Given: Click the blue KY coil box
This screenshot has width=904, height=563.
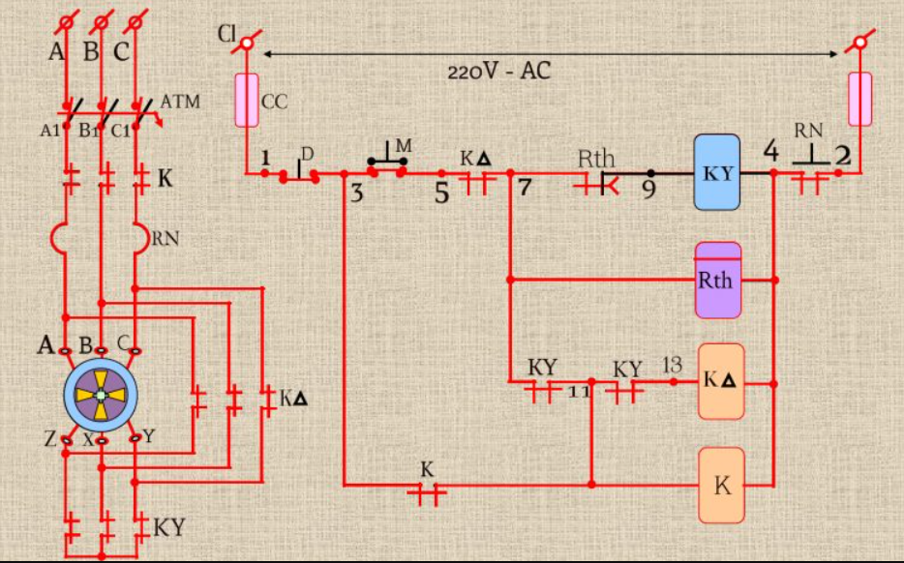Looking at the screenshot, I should tap(717, 173).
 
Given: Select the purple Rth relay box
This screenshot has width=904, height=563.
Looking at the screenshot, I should tap(717, 281).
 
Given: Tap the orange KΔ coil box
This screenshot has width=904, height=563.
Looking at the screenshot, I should tap(721, 381).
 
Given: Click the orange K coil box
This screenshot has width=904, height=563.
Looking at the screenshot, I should tap(721, 485).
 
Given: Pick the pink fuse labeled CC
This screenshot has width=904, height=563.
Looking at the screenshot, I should tap(247, 100).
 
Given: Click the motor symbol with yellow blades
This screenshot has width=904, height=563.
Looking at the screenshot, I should tap(101, 395).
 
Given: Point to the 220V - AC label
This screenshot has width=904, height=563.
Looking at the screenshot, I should tap(498, 72).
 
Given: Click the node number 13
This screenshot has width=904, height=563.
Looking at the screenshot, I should tap(672, 365).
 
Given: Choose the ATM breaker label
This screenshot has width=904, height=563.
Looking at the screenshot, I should tap(180, 102).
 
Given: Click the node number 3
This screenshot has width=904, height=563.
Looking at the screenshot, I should tap(356, 193).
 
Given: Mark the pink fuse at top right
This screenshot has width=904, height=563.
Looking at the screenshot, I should tap(859, 98).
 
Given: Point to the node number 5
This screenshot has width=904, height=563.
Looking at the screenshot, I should tap(441, 193).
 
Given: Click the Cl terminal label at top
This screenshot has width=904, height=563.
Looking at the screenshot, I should tap(226, 36).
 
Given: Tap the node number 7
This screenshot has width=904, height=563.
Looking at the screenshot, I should tap(525, 188).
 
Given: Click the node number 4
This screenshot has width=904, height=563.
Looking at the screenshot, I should tap(770, 151).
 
